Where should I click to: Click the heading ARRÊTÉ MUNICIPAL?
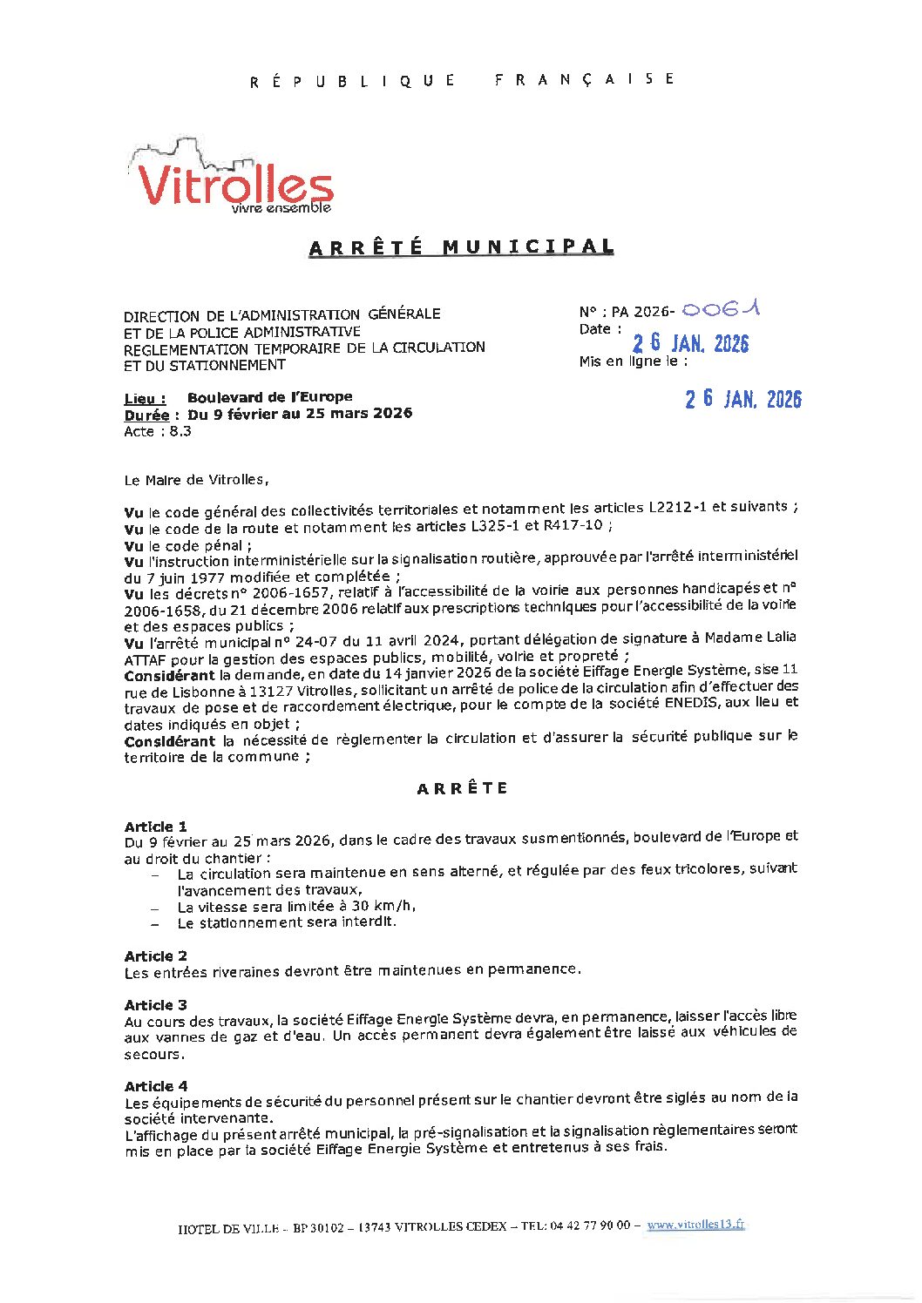[x=461, y=247]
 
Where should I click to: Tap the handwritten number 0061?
[x=721, y=309]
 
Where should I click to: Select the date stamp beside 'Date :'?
[x=690, y=343]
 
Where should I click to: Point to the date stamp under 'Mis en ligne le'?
[x=742, y=399]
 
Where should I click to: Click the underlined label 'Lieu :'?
[x=145, y=399]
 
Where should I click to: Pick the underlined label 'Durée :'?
[x=152, y=415]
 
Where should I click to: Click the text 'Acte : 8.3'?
[x=158, y=431]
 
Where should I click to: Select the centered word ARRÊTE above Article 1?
[x=462, y=788]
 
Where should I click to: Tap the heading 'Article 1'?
[x=155, y=827]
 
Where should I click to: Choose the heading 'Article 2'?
[x=155, y=955]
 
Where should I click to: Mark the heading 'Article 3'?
[x=155, y=1004]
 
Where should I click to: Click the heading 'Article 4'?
[x=155, y=1086]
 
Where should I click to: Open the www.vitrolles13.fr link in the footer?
[x=695, y=1224]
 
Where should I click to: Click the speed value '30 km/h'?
[x=383, y=906]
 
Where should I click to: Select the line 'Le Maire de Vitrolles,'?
[x=196, y=480]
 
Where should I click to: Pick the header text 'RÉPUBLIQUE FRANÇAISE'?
[x=462, y=80]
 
